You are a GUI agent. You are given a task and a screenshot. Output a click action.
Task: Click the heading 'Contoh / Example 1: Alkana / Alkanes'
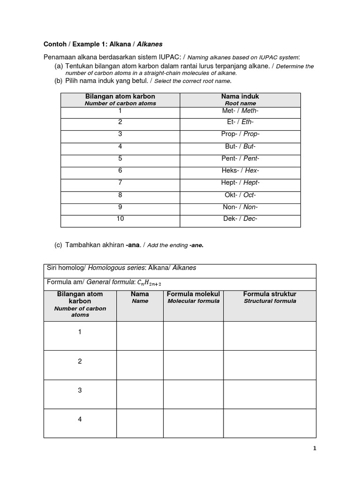103,44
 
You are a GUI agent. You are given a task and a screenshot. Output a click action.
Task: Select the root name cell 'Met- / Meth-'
240,111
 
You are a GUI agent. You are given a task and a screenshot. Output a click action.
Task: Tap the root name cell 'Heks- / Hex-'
240,171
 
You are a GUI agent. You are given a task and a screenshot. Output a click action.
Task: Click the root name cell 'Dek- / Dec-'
240,218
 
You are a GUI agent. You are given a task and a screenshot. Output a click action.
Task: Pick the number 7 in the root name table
120,182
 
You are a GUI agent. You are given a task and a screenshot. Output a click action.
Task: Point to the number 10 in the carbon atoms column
120,218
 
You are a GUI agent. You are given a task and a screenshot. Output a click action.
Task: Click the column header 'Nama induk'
240,97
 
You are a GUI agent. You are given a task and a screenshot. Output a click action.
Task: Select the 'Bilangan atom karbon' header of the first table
120,97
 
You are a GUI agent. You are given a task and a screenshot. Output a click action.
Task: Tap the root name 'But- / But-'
240,146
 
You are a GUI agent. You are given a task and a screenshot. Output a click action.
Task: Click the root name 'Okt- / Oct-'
240,195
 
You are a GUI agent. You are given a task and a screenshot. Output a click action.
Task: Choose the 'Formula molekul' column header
193,294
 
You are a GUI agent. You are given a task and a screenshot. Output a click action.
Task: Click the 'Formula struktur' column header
270,294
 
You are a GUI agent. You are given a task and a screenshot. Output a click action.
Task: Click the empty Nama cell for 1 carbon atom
140,336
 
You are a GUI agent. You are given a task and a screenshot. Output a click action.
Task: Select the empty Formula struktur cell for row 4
270,423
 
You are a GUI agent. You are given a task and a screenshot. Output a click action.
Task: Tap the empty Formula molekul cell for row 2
193,365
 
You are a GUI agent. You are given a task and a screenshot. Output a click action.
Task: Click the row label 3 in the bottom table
80,390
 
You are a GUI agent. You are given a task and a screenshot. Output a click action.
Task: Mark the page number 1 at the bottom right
315,449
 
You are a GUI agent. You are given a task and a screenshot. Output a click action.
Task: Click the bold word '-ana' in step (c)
133,245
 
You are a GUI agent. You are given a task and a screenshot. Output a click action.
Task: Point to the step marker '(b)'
59,81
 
